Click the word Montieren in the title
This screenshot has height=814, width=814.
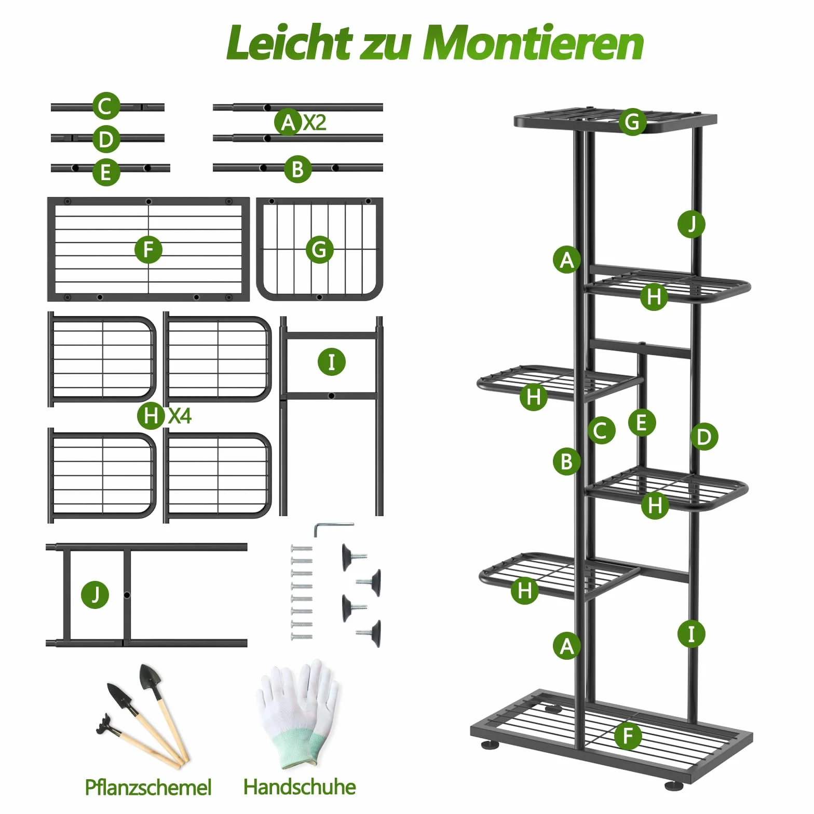pyautogui.click(x=534, y=43)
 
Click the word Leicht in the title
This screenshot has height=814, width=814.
pyautogui.click(x=289, y=43)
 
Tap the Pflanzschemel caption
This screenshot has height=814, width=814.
pyautogui.click(x=148, y=788)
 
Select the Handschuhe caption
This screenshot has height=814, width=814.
pyautogui.click(x=300, y=786)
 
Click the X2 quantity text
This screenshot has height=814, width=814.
pyautogui.click(x=315, y=123)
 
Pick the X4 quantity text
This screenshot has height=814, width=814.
pyautogui.click(x=180, y=416)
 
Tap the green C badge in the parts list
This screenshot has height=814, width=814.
pyautogui.click(x=106, y=106)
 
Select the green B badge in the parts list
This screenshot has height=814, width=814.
pyautogui.click(x=298, y=169)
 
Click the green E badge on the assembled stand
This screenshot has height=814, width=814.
pyautogui.click(x=642, y=423)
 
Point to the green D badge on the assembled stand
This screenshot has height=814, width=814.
pyautogui.click(x=704, y=437)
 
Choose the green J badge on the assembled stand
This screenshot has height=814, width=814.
pyautogui.click(x=691, y=224)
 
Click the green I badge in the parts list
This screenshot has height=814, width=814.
pyautogui.click(x=331, y=362)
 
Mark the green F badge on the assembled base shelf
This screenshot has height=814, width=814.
pyautogui.click(x=628, y=736)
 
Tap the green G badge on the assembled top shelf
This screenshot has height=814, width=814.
pyautogui.click(x=632, y=122)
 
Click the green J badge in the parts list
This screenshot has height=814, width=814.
pyautogui.click(x=95, y=595)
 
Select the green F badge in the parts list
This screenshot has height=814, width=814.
pyautogui.click(x=148, y=250)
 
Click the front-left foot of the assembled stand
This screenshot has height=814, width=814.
pyautogui.click(x=490, y=745)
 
